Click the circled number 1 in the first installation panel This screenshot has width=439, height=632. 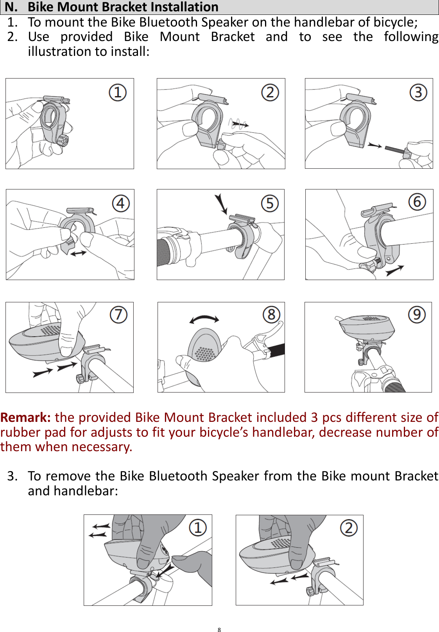(117, 93)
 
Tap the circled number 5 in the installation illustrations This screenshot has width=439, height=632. (270, 204)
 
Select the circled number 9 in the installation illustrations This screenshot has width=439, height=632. (417, 314)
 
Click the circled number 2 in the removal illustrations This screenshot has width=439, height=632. (349, 528)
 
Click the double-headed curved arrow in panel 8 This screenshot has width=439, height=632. (204, 319)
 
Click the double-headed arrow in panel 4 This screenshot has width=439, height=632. (78, 254)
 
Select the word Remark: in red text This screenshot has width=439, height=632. (25, 418)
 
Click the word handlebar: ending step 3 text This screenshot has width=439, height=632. (86, 491)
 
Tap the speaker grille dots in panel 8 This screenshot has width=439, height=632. (205, 353)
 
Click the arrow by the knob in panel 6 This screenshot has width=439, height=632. (395, 270)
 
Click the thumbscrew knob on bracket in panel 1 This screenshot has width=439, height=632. (63, 140)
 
